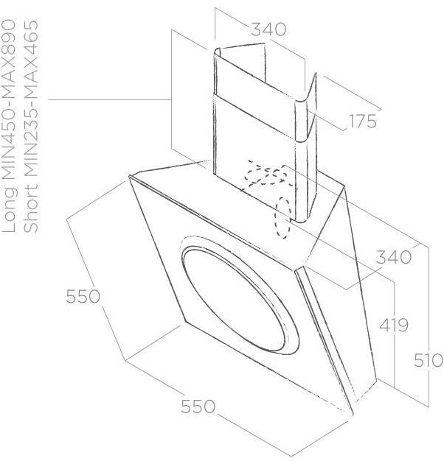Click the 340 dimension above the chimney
pos(268,30)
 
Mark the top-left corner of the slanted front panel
pos(130,176)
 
